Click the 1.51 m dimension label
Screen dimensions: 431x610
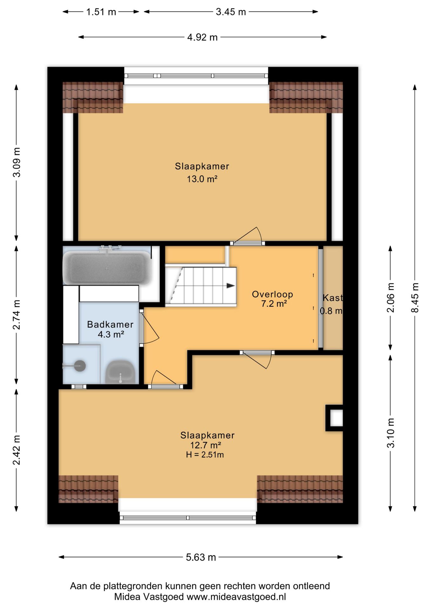coord(101,12)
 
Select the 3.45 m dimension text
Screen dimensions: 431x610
coord(231,12)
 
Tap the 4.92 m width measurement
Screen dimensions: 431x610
coord(202,37)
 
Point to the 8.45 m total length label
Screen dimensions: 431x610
coord(415,297)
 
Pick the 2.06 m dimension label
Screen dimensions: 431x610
coord(391,297)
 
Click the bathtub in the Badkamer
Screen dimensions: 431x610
coord(107,268)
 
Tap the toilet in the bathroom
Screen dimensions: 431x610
coord(120,372)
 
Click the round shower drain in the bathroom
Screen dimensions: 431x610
coord(80,366)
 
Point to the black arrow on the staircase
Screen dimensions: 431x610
coord(230,286)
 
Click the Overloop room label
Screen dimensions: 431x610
coord(272,294)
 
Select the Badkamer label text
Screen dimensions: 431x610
coord(110,324)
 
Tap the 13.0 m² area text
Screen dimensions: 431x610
coord(202,179)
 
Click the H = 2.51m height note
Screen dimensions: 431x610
coord(205,455)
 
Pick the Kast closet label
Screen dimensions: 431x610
coord(333,298)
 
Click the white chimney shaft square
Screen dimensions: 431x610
coord(336,418)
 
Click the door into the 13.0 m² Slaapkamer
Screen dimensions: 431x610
coord(247,243)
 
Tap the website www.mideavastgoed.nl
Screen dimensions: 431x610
coord(236,597)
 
